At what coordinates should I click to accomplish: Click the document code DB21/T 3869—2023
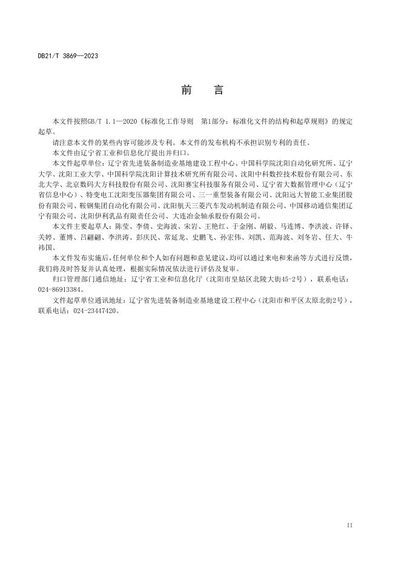pyautogui.click(x=67, y=56)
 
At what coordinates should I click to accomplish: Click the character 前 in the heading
pyautogui.click(x=187, y=90)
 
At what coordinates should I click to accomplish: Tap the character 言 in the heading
pyautogui.click(x=219, y=90)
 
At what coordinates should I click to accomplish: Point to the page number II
pyautogui.click(x=349, y=524)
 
